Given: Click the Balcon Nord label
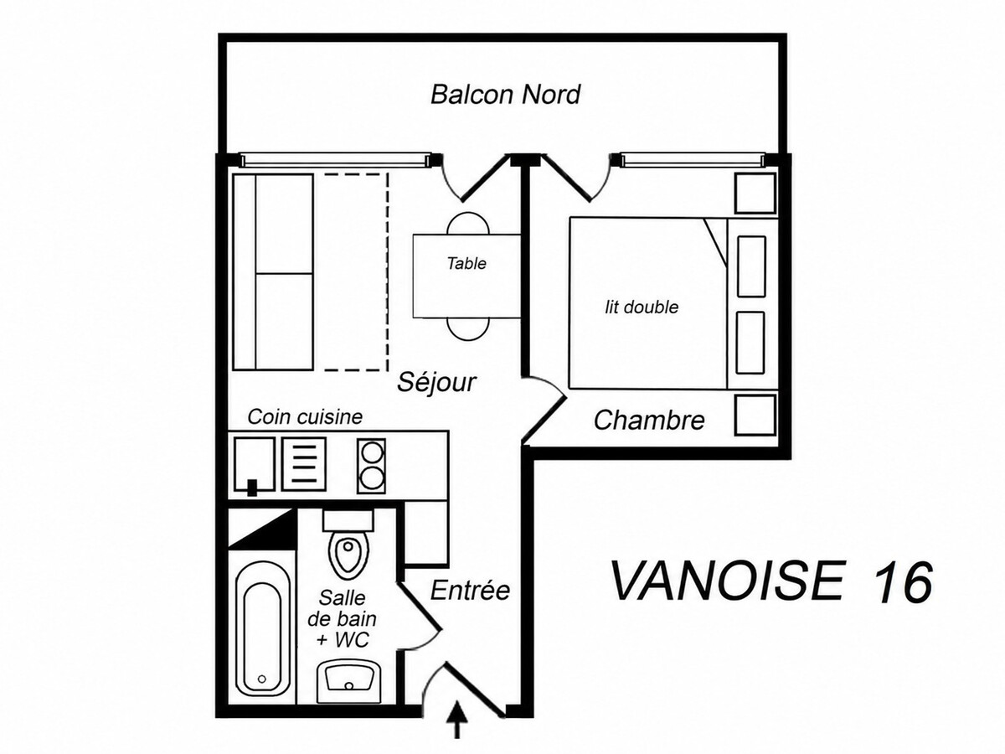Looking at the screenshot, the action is coord(506,95).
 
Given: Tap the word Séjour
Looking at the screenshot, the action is coord(436,382).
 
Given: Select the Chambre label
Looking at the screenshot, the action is coord(649,421).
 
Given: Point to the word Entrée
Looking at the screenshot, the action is coord(470,590).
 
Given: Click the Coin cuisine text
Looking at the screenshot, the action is coord(305,417).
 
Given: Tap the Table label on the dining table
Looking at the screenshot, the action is coord(466,264).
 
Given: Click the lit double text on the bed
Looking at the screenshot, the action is coord(642,307).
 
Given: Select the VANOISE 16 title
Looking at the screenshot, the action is coord(771,582).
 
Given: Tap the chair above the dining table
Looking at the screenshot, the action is coord(468,224).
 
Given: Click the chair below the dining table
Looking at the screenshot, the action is coord(468,329).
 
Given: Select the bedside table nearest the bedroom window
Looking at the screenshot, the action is coord(755,193).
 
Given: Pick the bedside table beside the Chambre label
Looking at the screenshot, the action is coord(755,416).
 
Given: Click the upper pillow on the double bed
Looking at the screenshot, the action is coord(752,266).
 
